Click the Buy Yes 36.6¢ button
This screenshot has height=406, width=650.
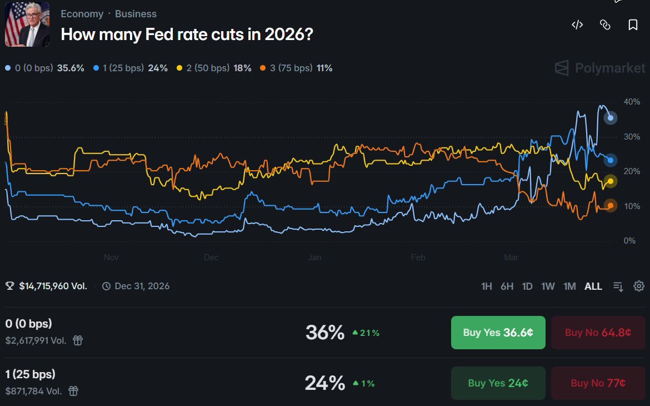coord(498,333)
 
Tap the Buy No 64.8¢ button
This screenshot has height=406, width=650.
coord(598,333)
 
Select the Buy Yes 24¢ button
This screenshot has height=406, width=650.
coord(498,383)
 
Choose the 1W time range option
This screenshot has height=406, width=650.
coord(548,286)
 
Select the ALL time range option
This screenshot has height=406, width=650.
coord(593,286)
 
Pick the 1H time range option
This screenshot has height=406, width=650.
coord(486,286)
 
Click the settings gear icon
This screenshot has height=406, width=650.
coord(639,286)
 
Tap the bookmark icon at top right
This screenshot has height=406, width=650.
coord(633,25)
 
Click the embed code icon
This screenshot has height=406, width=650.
coord(577,25)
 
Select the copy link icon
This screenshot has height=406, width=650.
coord(605,25)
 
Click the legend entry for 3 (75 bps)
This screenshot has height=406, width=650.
coord(296,68)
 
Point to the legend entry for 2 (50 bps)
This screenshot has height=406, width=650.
coord(214,68)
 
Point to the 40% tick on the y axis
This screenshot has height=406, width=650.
coord(632,102)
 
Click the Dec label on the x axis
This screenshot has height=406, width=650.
coord(211,258)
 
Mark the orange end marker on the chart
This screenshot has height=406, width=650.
coord(610,206)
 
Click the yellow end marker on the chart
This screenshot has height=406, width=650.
coord(610,181)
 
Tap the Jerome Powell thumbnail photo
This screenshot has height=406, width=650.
coord(27,24)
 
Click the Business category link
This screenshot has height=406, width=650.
coord(136,14)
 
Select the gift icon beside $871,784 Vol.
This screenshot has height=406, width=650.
coord(73,391)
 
